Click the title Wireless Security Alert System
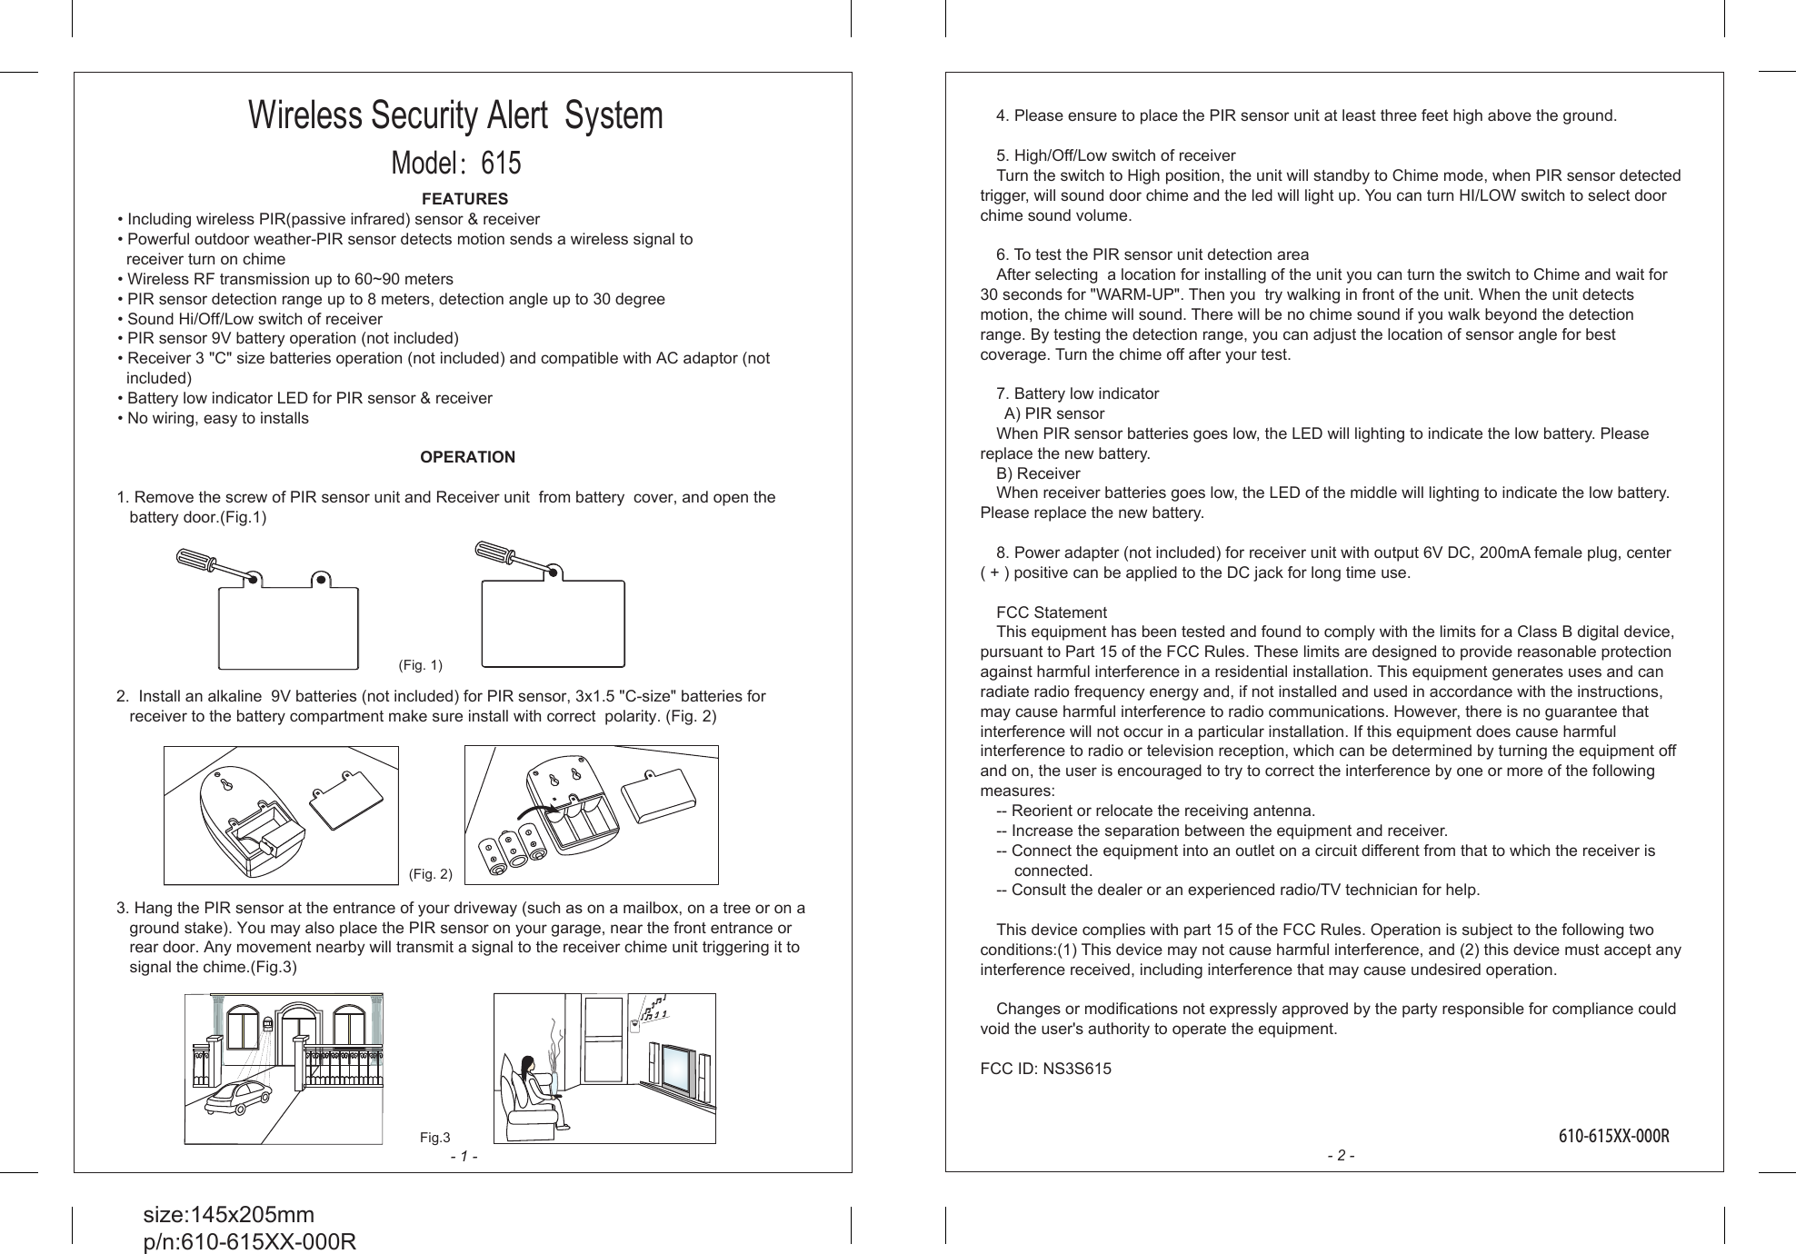pyautogui.click(x=456, y=116)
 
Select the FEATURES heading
pyautogui.click(x=464, y=199)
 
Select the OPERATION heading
pyautogui.click(x=467, y=457)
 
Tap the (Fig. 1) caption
pyautogui.click(x=421, y=665)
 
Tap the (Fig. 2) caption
pyautogui.click(x=431, y=874)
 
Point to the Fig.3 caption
pyautogui.click(x=434, y=1138)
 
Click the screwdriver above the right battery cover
pyautogui.click(x=514, y=558)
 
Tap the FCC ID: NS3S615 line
pyautogui.click(x=1045, y=1070)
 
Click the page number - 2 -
pyautogui.click(x=1341, y=1156)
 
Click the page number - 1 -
pyautogui.click(x=464, y=1157)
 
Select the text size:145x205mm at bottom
pyautogui.click(x=229, y=1215)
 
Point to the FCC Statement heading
pyautogui.click(x=1052, y=612)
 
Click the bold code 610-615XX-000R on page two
pyautogui.click(x=1613, y=1137)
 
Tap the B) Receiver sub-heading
pyautogui.click(x=1038, y=473)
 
